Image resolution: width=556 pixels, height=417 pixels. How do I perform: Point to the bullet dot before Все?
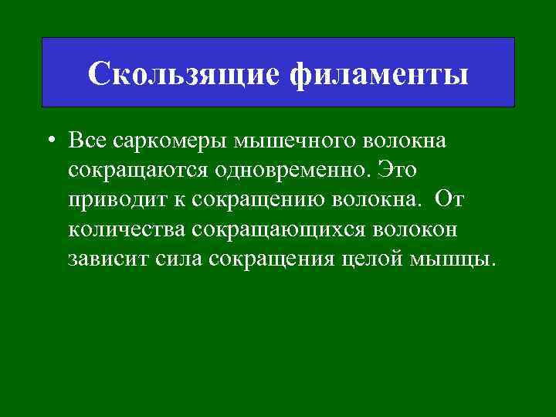pyautogui.click(x=49, y=142)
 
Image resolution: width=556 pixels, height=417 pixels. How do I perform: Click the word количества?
pyautogui.click(x=127, y=229)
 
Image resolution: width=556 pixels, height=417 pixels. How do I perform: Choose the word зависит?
pyautogui.click(x=107, y=257)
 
